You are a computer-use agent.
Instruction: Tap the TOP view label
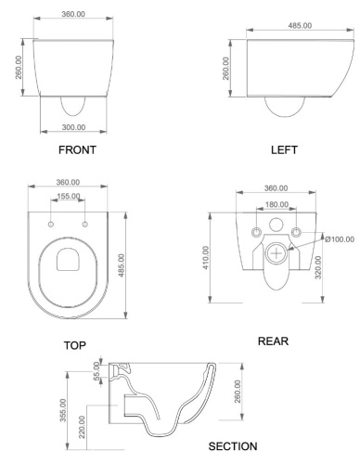point(75,345)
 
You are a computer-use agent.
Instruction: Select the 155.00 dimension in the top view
point(69,197)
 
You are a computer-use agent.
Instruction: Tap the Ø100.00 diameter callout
point(340,238)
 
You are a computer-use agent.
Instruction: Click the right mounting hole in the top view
point(84,224)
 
